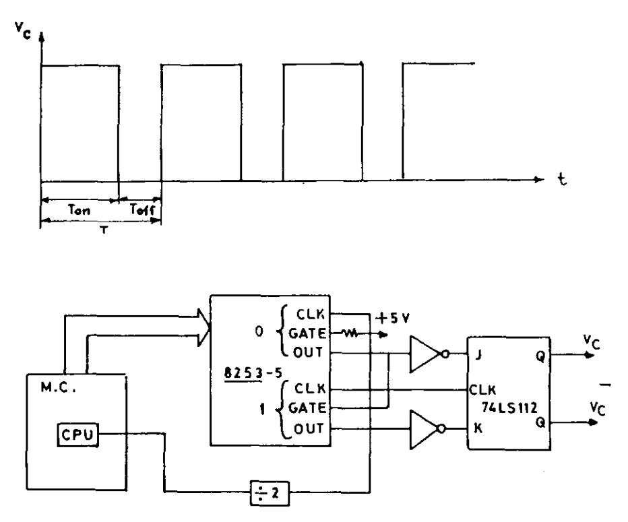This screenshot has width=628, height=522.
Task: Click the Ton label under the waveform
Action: click(79, 209)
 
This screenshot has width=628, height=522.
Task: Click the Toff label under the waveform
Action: click(142, 209)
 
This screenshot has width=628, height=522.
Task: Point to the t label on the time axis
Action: click(563, 179)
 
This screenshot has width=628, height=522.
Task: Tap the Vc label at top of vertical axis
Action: click(23, 30)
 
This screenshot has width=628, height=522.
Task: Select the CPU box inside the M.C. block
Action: click(77, 434)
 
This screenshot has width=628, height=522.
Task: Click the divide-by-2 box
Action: click(270, 493)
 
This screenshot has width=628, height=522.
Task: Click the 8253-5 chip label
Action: click(253, 373)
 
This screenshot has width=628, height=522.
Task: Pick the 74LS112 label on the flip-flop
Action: click(509, 407)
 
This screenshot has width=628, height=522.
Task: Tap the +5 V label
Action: click(393, 318)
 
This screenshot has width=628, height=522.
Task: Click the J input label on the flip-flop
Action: click(478, 355)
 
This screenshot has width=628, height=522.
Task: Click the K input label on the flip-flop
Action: click(478, 428)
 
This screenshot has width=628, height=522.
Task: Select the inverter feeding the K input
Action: click(427, 429)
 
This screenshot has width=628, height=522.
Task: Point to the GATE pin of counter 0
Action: click(307, 333)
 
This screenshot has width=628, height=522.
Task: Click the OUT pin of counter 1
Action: click(309, 429)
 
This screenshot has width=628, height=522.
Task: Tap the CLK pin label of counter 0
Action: click(311, 315)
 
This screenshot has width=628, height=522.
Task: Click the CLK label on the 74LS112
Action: click(482, 389)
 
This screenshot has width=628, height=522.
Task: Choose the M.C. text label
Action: click(59, 387)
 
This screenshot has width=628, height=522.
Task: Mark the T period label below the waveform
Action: click(104, 230)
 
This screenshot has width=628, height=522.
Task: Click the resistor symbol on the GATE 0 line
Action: click(350, 333)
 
